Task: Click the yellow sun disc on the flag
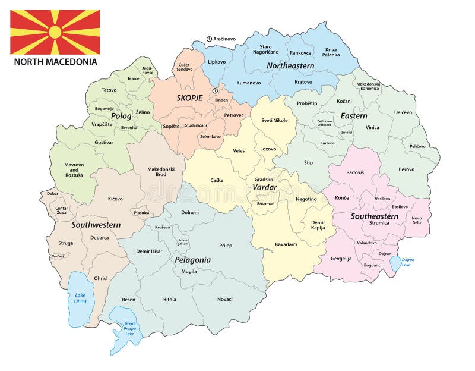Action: click(x=55, y=32)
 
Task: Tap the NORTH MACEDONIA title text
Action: click(x=56, y=62)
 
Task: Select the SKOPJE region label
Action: click(x=189, y=98)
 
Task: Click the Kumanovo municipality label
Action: click(x=249, y=83)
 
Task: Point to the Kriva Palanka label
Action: click(x=331, y=52)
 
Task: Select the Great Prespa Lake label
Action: click(x=129, y=329)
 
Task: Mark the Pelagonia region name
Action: click(x=192, y=260)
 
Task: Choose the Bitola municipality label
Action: click(x=170, y=299)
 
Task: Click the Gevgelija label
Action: click(x=341, y=259)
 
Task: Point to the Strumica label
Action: click(x=379, y=224)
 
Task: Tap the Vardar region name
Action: click(x=265, y=187)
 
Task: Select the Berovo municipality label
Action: click(x=407, y=169)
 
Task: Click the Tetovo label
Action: click(x=109, y=90)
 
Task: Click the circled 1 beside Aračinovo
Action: click(x=209, y=39)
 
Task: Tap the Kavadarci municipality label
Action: click(x=286, y=244)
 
